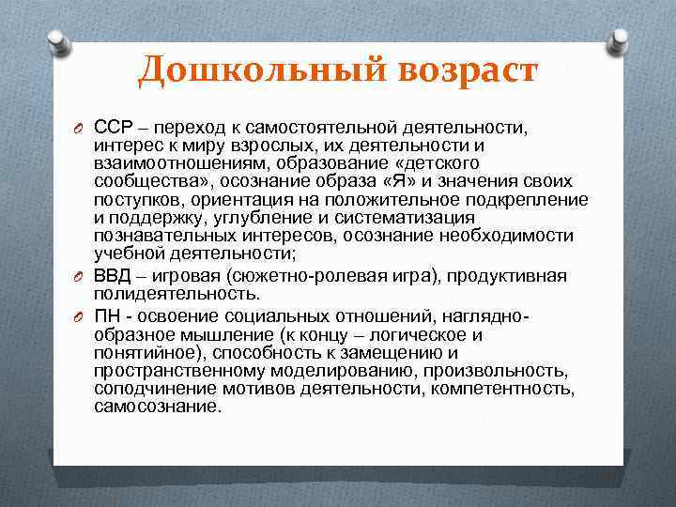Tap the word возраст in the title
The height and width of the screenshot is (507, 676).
coord(454,70)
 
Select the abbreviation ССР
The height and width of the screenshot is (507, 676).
coord(114,128)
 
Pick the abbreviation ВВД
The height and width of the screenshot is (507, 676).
coord(115,275)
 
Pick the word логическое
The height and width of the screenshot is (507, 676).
coord(421,334)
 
